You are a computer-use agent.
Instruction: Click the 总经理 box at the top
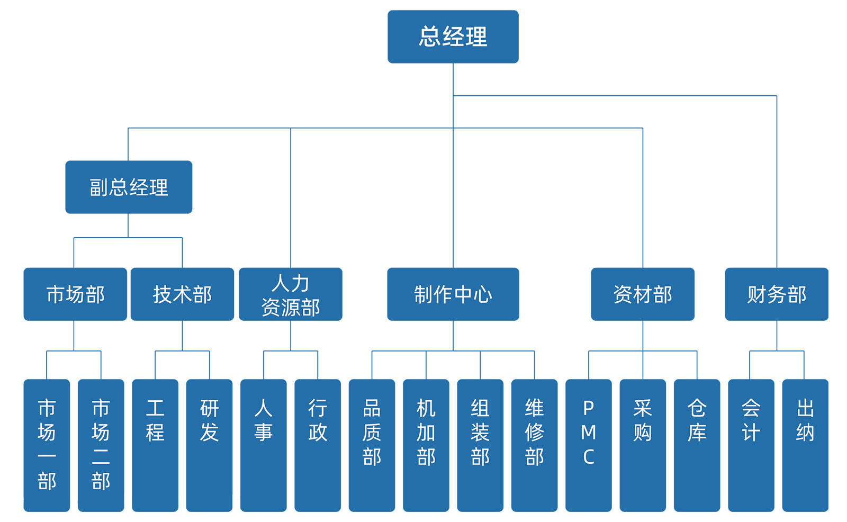pos(453,37)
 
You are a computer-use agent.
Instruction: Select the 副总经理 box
pos(129,187)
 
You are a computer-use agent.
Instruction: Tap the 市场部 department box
pos(75,294)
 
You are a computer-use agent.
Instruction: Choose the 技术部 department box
pos(182,294)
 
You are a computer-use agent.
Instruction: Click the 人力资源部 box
pos(291,294)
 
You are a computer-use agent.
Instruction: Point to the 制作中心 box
pos(453,294)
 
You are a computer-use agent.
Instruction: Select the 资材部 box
pos(643,294)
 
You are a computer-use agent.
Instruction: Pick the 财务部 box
pos(777,294)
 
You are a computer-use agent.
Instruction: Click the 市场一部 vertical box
pos(47,445)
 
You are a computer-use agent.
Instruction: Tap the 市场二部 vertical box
pos(101,445)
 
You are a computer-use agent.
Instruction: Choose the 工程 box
pos(155,445)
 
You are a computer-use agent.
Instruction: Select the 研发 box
pos(210,445)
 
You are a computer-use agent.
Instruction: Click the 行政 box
pos(318,445)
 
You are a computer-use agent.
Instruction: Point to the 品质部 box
pos(372,445)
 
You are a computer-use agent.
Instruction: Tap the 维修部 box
pos(534,445)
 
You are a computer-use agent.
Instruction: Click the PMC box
pos(589,445)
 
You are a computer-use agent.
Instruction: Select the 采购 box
pos(643,445)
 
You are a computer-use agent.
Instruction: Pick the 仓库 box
pos(697,445)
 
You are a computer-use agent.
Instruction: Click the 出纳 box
pos(805,445)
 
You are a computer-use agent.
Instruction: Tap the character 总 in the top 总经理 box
pos(429,37)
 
